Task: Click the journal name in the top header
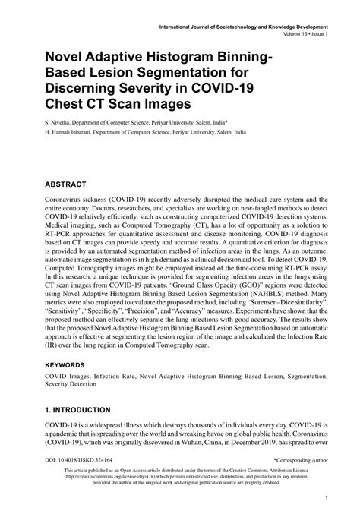(254, 26)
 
